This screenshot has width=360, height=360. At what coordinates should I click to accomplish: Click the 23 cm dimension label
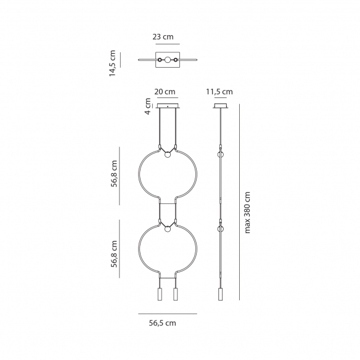pyautogui.click(x=163, y=37)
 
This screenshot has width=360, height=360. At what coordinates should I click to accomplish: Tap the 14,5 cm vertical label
pyautogui.click(x=112, y=63)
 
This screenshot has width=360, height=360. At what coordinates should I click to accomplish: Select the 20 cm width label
pyautogui.click(x=165, y=92)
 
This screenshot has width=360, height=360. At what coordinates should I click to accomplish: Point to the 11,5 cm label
pyautogui.click(x=219, y=92)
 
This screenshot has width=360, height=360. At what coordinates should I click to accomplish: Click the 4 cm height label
pyautogui.click(x=148, y=106)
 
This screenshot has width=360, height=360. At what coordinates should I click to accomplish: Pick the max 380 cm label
pyautogui.click(x=247, y=213)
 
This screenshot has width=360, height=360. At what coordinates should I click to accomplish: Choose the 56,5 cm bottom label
pyautogui.click(x=163, y=323)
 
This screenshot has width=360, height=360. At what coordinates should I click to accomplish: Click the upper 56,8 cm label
pyautogui.click(x=114, y=174)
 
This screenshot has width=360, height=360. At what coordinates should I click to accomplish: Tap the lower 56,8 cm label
pyautogui.click(x=114, y=254)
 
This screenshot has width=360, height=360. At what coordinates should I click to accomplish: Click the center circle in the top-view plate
pyautogui.click(x=168, y=60)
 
